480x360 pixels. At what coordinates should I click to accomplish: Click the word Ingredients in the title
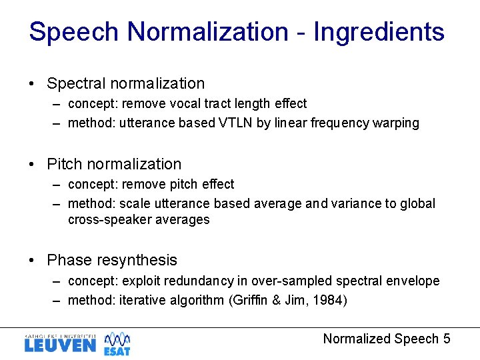click(379, 32)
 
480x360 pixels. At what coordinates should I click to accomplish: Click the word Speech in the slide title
click(74, 32)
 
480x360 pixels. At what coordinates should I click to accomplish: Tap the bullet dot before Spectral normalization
click(32, 84)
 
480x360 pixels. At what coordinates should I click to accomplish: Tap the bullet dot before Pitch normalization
click(32, 165)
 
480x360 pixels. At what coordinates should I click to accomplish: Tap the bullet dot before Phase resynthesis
click(32, 261)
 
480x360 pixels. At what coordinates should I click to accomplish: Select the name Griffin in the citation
click(250, 301)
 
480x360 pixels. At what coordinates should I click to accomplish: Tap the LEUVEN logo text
click(60, 345)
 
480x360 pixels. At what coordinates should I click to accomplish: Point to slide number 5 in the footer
click(446, 339)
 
